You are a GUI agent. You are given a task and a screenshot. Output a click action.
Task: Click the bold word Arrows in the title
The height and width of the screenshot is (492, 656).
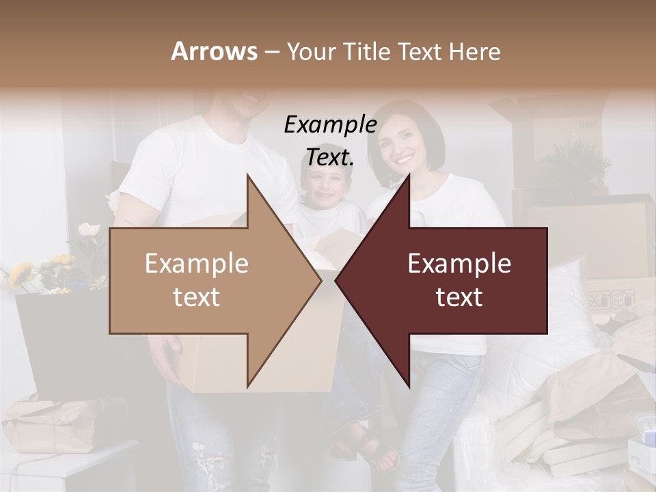[214, 51]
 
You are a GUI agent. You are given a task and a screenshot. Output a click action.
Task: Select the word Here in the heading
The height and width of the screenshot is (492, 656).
[475, 51]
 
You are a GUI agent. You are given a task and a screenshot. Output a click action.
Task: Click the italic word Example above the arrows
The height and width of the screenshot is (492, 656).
[330, 125]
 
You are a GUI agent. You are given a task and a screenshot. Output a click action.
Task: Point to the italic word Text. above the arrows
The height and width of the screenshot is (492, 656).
[330, 158]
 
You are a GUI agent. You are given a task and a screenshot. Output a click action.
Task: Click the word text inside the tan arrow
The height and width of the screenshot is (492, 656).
[197, 297]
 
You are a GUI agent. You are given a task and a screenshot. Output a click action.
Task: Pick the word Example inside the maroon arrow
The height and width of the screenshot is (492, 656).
[459, 264]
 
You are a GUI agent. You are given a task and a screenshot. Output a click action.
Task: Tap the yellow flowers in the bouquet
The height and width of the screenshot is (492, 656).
[20, 273]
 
